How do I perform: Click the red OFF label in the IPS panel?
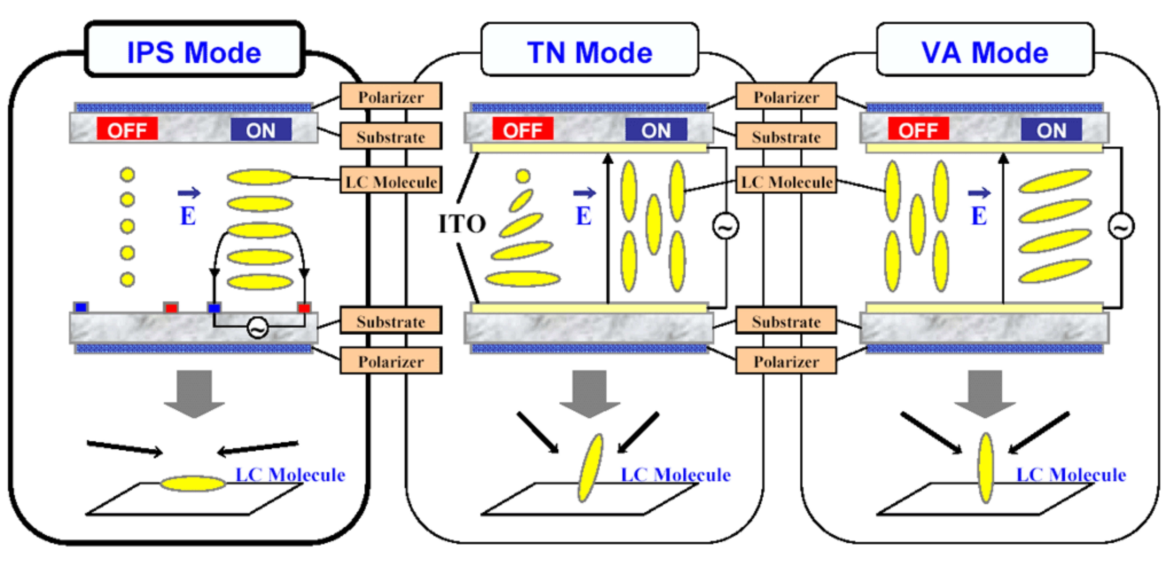127,130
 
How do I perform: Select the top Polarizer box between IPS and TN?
391,97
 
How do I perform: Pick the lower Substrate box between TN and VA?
786,321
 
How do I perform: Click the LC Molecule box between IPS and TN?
391,182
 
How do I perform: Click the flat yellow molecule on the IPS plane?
193,483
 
